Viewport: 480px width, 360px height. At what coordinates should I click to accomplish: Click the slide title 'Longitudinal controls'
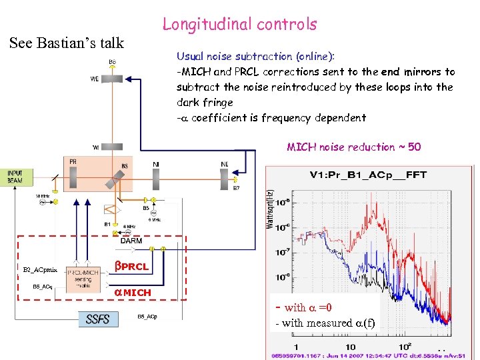click(239, 25)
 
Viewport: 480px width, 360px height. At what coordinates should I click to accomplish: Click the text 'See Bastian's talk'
click(67, 43)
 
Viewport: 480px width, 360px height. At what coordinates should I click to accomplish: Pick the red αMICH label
click(132, 293)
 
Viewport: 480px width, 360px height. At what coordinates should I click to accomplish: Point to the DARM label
click(131, 241)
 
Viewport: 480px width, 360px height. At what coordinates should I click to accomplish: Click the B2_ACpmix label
click(41, 270)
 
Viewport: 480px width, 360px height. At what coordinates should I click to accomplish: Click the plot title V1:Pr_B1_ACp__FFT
click(368, 175)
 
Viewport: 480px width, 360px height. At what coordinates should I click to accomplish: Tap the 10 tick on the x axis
click(351, 347)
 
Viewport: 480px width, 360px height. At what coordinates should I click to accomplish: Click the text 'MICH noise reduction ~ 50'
click(353, 147)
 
